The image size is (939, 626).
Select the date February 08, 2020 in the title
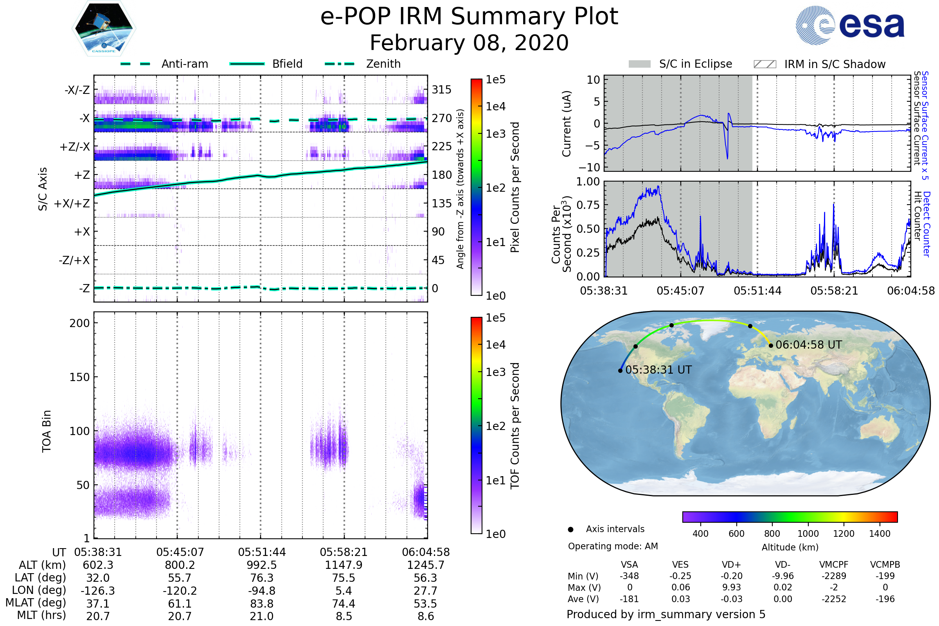tap(469, 43)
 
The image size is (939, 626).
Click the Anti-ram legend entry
tap(184, 64)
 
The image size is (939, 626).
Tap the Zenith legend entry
tap(383, 64)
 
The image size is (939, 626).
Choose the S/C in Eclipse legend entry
tap(695, 64)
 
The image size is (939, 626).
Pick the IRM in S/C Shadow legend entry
tap(835, 64)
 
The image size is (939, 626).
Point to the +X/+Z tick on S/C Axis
tap(72, 203)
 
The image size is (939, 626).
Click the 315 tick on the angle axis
tap(442, 90)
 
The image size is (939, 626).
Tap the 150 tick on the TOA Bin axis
tap(79, 377)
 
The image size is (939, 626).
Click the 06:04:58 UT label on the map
tap(808, 345)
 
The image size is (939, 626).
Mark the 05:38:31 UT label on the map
tap(658, 370)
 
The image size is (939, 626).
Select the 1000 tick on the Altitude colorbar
tap(808, 534)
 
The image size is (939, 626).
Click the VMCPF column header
tap(834, 565)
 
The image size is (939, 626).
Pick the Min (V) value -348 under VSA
tap(629, 576)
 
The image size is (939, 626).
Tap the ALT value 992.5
tap(261, 565)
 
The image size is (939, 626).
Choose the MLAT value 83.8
tap(261, 604)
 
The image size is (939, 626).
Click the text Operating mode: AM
tap(613, 546)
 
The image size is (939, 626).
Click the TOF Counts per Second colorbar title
tap(515, 426)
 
